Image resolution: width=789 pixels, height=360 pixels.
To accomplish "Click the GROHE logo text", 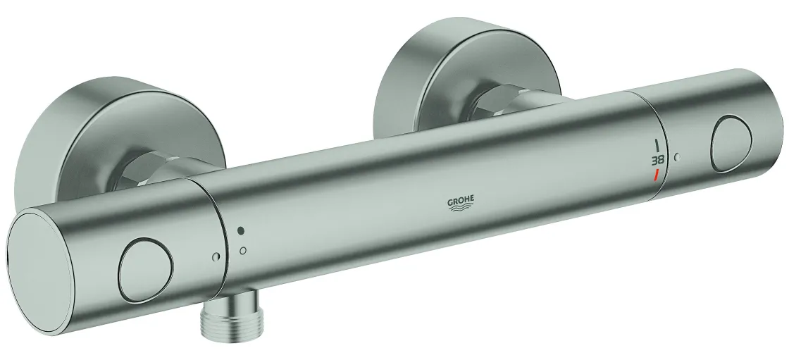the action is click(x=461, y=201).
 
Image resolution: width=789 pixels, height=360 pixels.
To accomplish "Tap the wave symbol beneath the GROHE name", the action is click(x=461, y=209).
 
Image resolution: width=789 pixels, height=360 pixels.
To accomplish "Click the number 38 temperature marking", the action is click(x=658, y=161).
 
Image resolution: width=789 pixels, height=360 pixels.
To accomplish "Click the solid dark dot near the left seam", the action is click(x=240, y=230).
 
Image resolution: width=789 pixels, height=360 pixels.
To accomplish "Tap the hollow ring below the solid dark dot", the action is click(x=242, y=250).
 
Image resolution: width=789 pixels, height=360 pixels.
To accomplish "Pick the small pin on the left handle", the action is click(x=216, y=256).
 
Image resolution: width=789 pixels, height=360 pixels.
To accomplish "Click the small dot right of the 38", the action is click(x=677, y=157).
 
